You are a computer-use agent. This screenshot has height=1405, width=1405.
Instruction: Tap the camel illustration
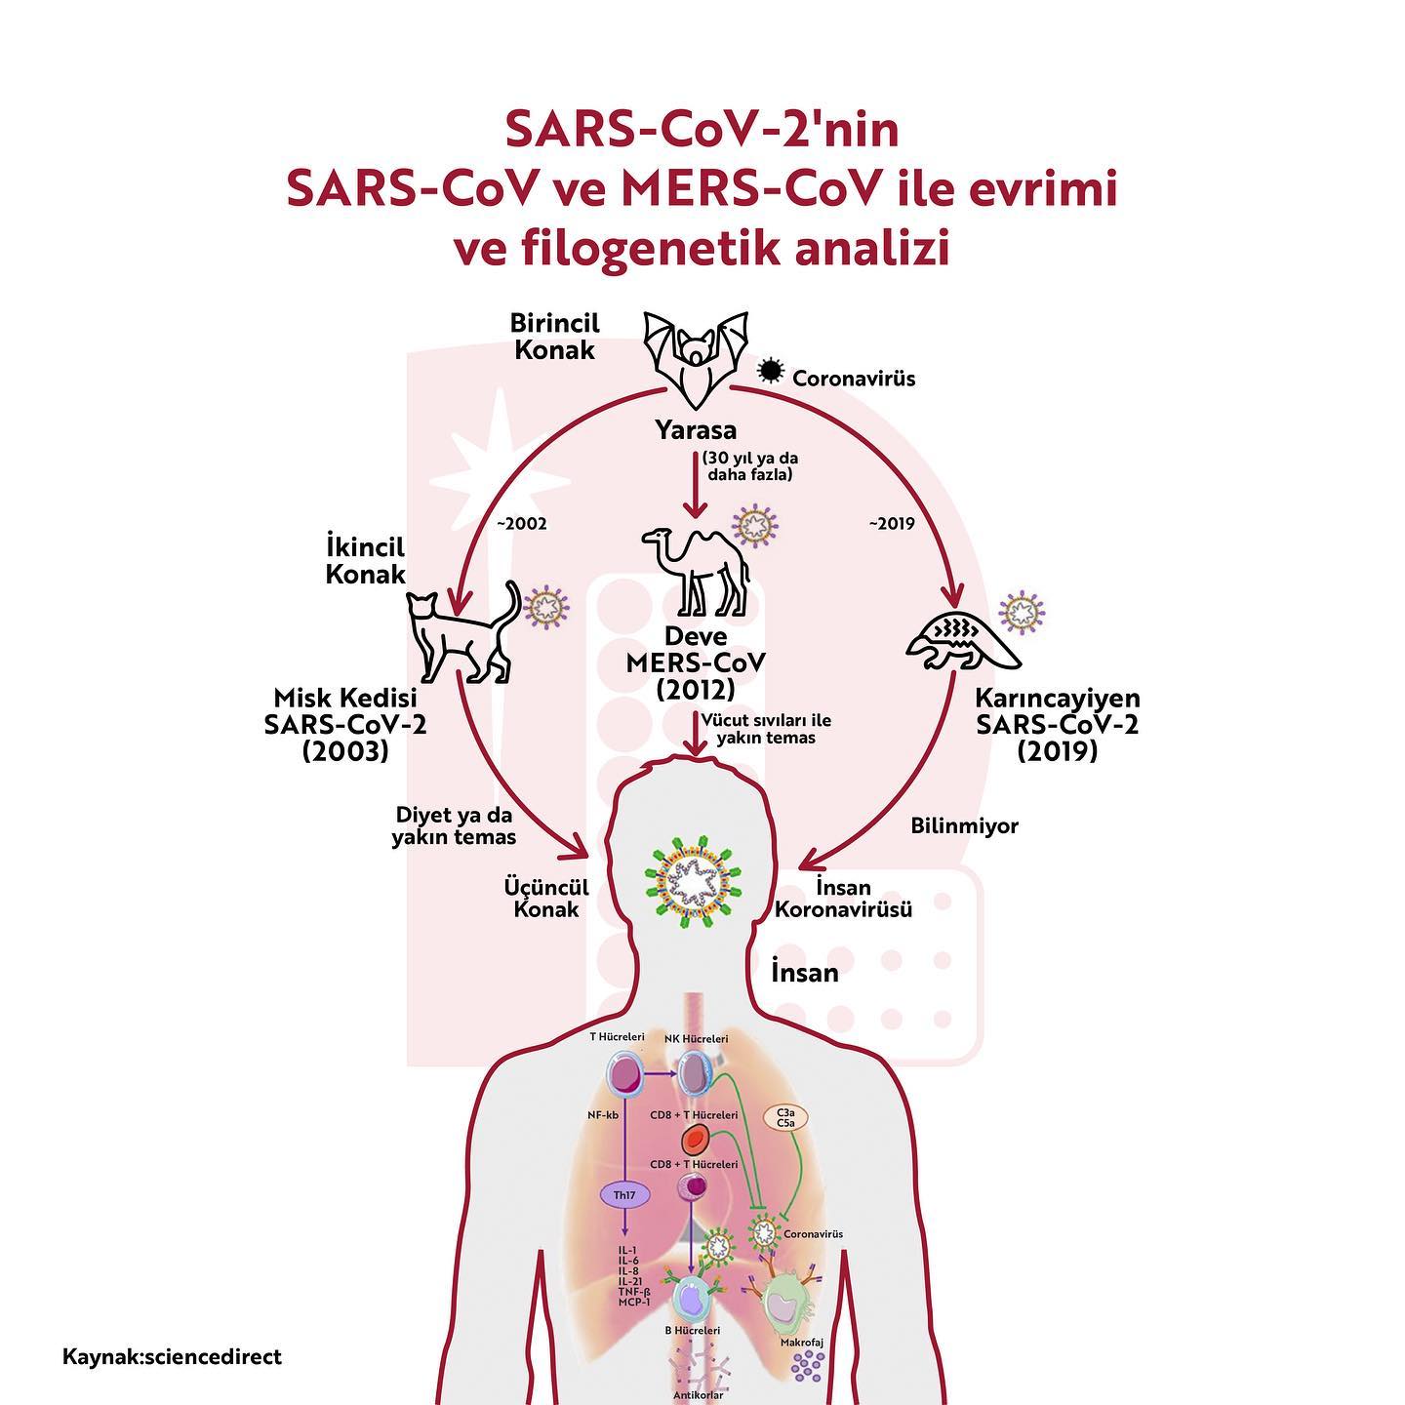(696, 571)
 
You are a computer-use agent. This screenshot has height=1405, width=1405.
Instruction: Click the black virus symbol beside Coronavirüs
(769, 371)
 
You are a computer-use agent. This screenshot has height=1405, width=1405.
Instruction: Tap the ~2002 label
(521, 524)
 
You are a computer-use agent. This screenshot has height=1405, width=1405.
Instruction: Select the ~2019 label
(891, 524)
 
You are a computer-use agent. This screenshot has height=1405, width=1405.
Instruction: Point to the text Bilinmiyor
(964, 826)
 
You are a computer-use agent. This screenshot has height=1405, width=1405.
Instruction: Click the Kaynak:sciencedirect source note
(172, 1357)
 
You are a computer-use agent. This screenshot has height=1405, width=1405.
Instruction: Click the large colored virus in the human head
(694, 881)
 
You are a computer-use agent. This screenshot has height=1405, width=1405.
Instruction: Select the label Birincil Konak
(554, 336)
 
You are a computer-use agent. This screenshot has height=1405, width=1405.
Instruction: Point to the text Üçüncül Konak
(546, 899)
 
